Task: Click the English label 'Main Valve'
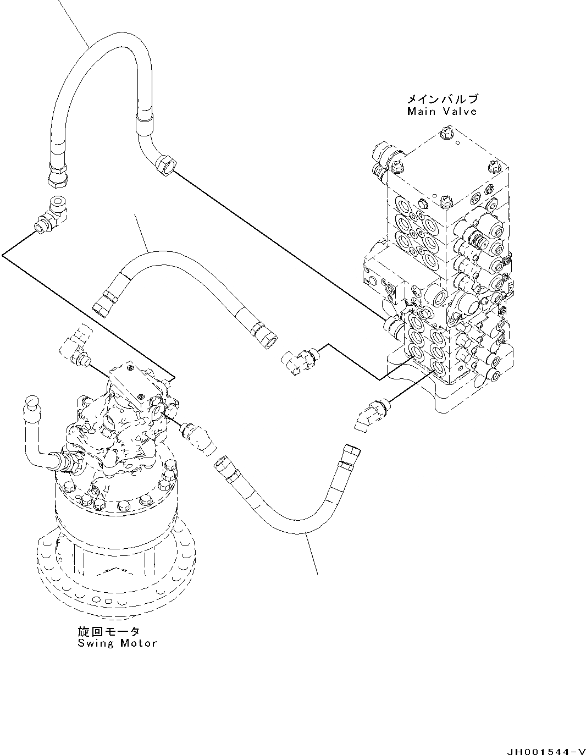point(441,112)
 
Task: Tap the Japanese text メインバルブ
point(442,99)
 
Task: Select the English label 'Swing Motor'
point(117,643)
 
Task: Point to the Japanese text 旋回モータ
point(109,631)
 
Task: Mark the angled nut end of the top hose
point(165,165)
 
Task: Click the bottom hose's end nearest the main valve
point(350,454)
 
